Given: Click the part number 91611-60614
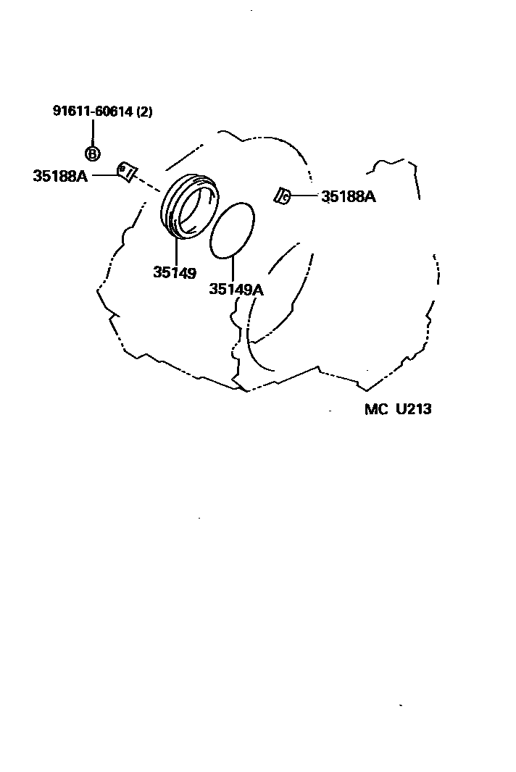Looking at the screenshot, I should [x=93, y=112].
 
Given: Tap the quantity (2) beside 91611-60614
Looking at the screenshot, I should [x=145, y=112].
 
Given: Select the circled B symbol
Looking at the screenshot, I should [x=93, y=154].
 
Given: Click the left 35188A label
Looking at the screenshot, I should [x=60, y=175].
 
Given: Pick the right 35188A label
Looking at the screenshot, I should [x=349, y=196].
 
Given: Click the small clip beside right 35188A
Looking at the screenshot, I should [x=283, y=195].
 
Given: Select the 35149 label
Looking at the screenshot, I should [x=175, y=272].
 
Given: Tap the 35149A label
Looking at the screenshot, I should [x=236, y=290].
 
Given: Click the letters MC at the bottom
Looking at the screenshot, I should [x=377, y=409].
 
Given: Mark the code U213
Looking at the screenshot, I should [x=413, y=409].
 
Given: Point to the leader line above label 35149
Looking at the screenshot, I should [x=175, y=250].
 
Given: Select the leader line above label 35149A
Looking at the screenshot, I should [x=233, y=268].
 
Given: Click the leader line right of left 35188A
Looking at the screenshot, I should [x=103, y=175].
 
